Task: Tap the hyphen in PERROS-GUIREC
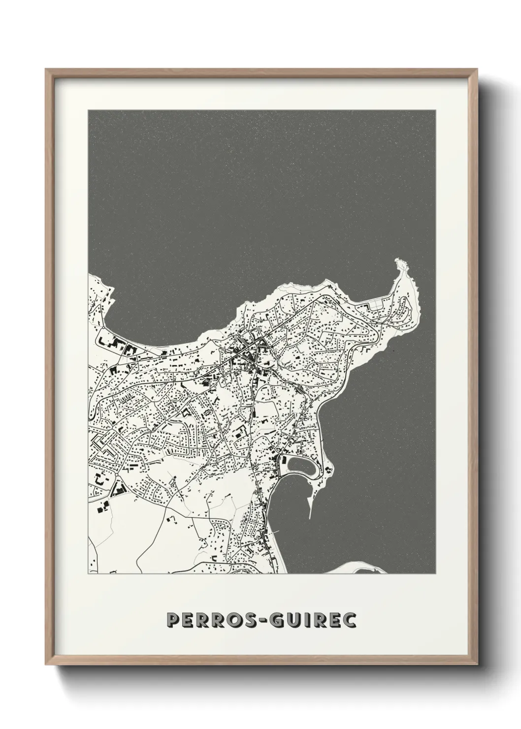coord(271,621)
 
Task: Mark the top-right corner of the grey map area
coord(435,110)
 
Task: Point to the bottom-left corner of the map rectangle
coord(89,573)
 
